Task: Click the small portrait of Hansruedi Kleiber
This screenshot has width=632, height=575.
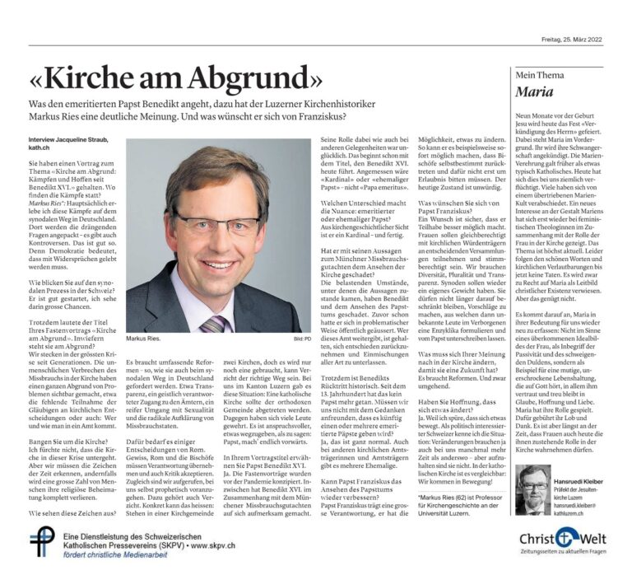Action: click(x=532, y=487)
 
